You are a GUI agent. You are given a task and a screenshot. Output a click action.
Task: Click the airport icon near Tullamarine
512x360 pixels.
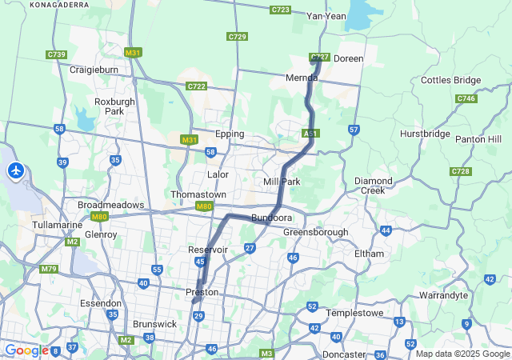[x=16, y=170]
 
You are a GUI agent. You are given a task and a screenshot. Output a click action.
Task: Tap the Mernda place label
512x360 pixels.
[x=303, y=78]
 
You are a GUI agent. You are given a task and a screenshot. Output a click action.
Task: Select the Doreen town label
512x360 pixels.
[x=348, y=58]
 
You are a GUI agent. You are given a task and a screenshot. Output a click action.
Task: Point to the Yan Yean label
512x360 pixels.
[x=326, y=16]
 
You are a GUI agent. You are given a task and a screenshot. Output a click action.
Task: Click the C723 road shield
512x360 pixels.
[x=280, y=10]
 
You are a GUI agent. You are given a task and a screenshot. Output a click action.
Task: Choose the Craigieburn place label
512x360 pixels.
[x=94, y=70]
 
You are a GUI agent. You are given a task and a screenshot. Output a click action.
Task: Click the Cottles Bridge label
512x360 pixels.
[x=451, y=80]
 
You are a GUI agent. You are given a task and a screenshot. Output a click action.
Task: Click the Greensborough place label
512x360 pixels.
[x=315, y=232]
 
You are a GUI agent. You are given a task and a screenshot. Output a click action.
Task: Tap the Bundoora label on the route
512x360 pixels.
[x=271, y=218]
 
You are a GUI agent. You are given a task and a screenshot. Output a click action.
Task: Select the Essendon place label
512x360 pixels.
[x=101, y=304]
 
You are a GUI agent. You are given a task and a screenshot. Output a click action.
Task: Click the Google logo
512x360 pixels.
[x=26, y=350]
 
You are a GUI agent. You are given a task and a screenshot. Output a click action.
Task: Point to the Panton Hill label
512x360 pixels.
[x=478, y=139]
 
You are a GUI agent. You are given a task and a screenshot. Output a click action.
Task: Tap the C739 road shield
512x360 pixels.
[x=56, y=54]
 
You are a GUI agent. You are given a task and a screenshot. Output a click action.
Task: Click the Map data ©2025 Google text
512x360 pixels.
[x=462, y=354]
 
